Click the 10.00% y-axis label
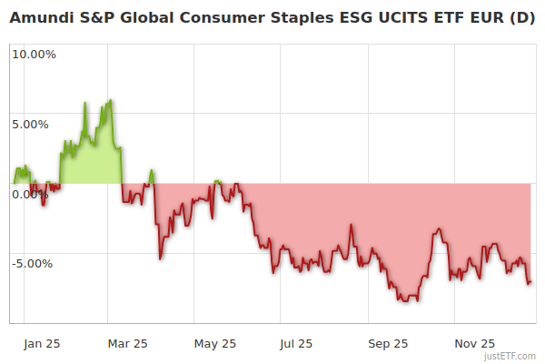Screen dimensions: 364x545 (x=34, y=54)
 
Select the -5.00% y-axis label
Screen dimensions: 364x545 (x=34, y=264)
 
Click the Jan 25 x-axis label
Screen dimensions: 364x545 (x=42, y=343)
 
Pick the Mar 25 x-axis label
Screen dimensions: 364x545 (x=127, y=343)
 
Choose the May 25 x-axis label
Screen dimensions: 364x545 (x=215, y=343)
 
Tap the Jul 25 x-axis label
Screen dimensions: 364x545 (x=296, y=343)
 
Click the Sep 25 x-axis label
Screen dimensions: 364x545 (x=389, y=343)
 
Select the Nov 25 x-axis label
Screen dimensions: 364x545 (x=475, y=343)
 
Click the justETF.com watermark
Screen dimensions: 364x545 (x=510, y=356)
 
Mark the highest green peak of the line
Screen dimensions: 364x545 (x=110, y=100)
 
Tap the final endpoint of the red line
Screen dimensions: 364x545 (x=530, y=282)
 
